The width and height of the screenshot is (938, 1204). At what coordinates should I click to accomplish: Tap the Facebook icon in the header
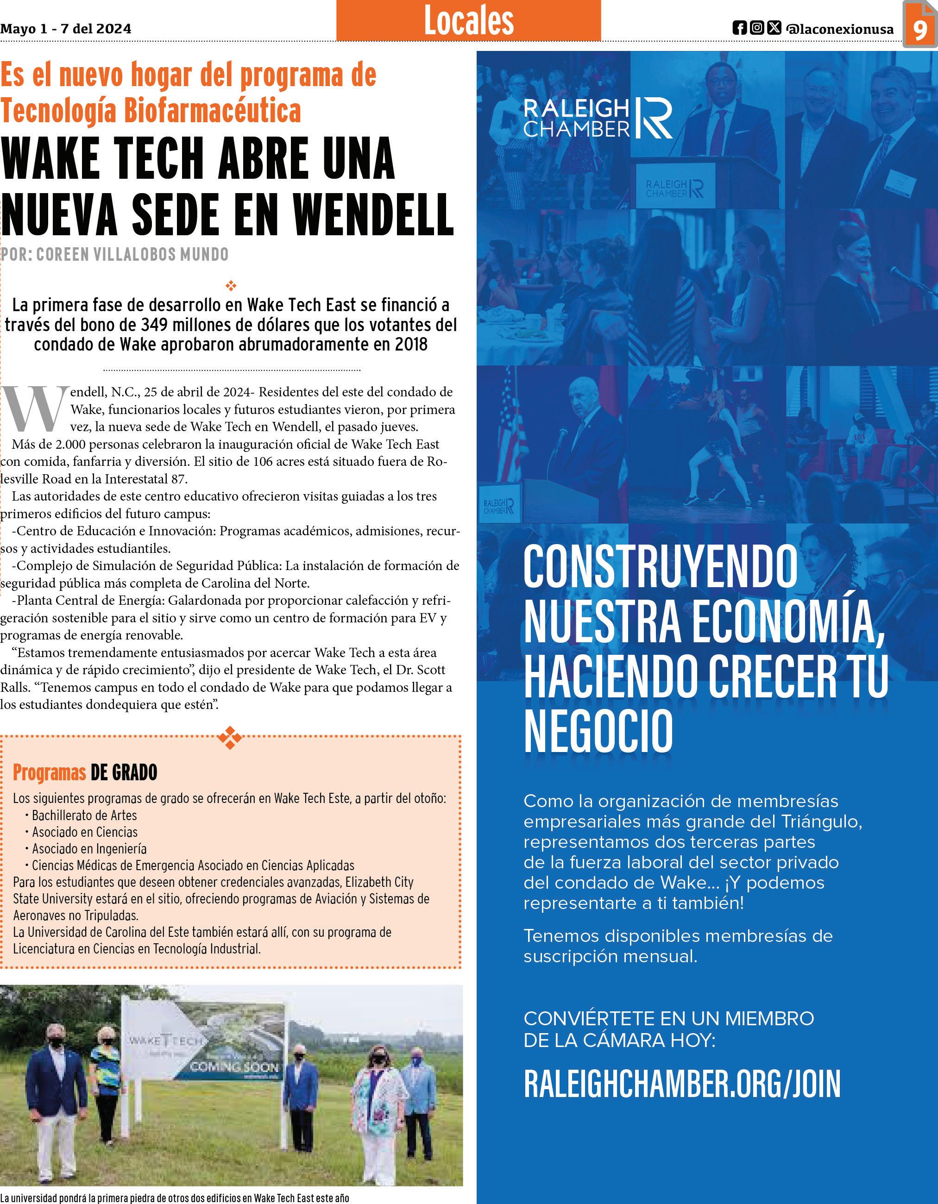click(x=739, y=28)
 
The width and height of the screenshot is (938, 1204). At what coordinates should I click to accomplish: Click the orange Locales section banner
click(x=468, y=21)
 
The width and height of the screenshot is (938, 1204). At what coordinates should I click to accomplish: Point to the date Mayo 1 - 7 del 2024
click(x=66, y=29)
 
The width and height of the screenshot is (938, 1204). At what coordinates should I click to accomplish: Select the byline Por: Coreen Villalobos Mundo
click(x=115, y=254)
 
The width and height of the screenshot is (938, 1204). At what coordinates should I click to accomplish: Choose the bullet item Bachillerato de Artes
click(x=84, y=815)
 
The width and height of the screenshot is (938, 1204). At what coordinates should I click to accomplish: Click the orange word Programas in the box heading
click(x=49, y=772)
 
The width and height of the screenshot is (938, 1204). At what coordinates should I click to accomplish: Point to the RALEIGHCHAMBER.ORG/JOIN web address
click(x=682, y=1083)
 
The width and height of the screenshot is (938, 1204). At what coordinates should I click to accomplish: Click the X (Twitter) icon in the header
click(x=774, y=28)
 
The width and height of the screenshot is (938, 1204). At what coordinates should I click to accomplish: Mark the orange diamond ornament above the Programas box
click(x=231, y=738)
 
